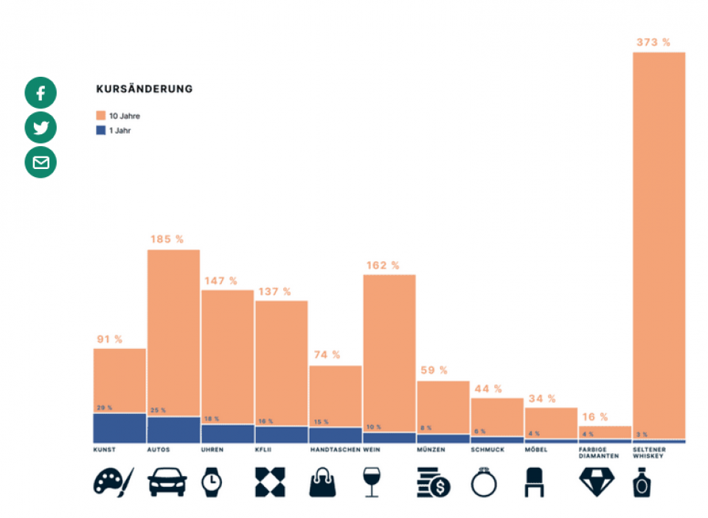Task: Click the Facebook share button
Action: [x=41, y=94]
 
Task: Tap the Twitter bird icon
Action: [x=41, y=128]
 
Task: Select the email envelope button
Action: [x=41, y=162]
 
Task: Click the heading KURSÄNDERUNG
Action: [x=145, y=89]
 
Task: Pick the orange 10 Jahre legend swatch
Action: [x=101, y=116]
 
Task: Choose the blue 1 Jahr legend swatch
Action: [x=101, y=131]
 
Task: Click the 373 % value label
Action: [x=653, y=43]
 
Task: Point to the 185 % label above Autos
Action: [x=167, y=240]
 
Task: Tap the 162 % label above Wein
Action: [x=382, y=265]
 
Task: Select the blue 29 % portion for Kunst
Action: [x=119, y=428]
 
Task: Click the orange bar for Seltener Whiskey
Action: [x=659, y=244]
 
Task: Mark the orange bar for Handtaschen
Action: [x=335, y=395]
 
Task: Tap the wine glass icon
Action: [x=371, y=483]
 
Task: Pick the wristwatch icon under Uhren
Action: [x=212, y=483]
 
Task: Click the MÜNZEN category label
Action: [x=431, y=449]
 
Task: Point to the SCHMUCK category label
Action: [x=487, y=449]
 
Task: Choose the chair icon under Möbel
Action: [x=533, y=483]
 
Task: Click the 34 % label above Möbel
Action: [x=542, y=399]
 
